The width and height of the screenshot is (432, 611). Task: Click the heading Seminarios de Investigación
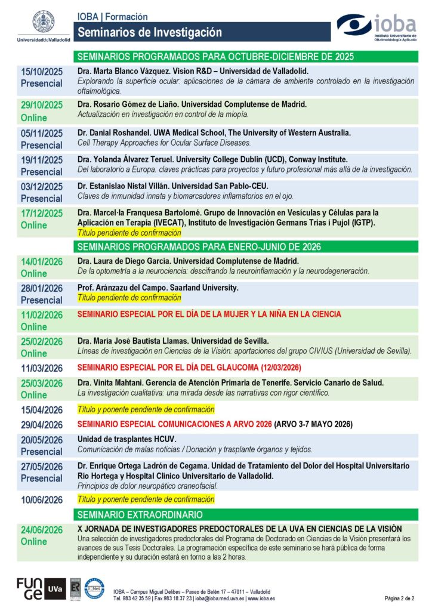tap(150, 32)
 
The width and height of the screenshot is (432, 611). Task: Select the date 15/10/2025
tap(42, 71)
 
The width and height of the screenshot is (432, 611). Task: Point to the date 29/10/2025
tap(42, 105)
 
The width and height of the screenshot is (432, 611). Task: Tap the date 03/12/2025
tap(42, 186)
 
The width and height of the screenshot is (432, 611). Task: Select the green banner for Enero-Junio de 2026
tap(199, 246)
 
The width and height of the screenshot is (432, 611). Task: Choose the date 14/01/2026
tap(42, 261)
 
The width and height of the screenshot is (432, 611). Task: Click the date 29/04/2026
tap(42, 425)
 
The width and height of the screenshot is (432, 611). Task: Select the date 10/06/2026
tap(42, 499)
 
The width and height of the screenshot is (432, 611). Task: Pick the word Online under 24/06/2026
tap(34, 542)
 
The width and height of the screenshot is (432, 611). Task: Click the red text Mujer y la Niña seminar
tap(209, 314)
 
